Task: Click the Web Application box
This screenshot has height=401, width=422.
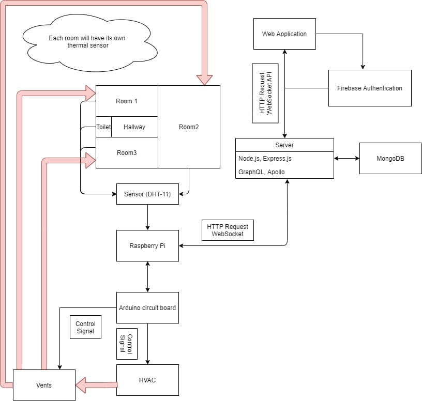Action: coord(284,34)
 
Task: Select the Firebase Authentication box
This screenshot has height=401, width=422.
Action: coord(370,88)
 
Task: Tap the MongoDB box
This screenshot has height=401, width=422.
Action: coord(390,159)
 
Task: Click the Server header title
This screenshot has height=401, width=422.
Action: coord(284,145)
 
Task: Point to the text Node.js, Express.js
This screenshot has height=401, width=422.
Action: coord(265,159)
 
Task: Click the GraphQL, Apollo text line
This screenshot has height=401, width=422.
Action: coord(261,172)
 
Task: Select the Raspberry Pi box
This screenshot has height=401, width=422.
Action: coord(147,245)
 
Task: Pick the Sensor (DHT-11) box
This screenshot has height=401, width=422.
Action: coord(147,194)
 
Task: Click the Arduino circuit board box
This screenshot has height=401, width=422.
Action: coord(147,307)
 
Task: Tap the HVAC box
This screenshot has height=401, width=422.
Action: coord(147,380)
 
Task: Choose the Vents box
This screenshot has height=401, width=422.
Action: coord(44,385)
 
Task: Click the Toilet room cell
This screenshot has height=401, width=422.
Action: coord(103,127)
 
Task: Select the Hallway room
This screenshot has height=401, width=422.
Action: coord(134,127)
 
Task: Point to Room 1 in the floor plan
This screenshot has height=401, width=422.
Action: coord(127,101)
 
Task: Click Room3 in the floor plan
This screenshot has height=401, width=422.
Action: coord(127,153)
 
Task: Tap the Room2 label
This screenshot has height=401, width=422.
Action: coord(189,127)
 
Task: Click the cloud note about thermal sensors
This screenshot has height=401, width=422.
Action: coord(89,42)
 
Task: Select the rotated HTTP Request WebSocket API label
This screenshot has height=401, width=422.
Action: coord(265,94)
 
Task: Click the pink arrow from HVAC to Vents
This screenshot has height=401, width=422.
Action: coord(96,385)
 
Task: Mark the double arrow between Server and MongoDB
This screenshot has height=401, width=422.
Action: coord(346,159)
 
